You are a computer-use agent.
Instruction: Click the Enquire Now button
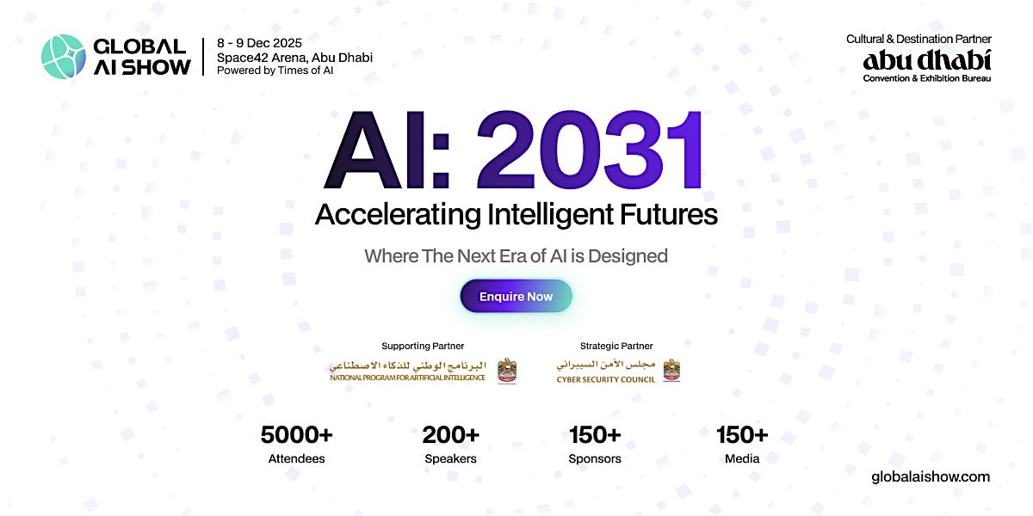[516, 297]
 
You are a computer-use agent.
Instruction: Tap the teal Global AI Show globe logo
[64, 57]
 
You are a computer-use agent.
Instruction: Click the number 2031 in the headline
[590, 151]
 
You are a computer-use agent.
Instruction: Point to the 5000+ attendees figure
[296, 435]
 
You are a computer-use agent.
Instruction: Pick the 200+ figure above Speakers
[450, 435]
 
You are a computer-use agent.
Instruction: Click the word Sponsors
[595, 458]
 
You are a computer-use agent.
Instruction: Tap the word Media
[742, 458]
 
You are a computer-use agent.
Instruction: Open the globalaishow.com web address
[931, 476]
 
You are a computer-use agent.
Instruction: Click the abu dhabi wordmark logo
[927, 60]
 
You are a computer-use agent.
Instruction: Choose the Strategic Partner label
[616, 347]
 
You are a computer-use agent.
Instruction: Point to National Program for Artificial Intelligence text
[407, 378]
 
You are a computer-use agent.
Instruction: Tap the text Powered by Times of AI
[275, 71]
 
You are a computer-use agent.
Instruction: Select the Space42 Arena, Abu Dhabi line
[294, 57]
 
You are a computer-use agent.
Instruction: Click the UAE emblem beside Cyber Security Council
[671, 371]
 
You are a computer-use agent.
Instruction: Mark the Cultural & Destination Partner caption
[919, 39]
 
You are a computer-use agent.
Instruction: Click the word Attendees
[296, 458]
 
